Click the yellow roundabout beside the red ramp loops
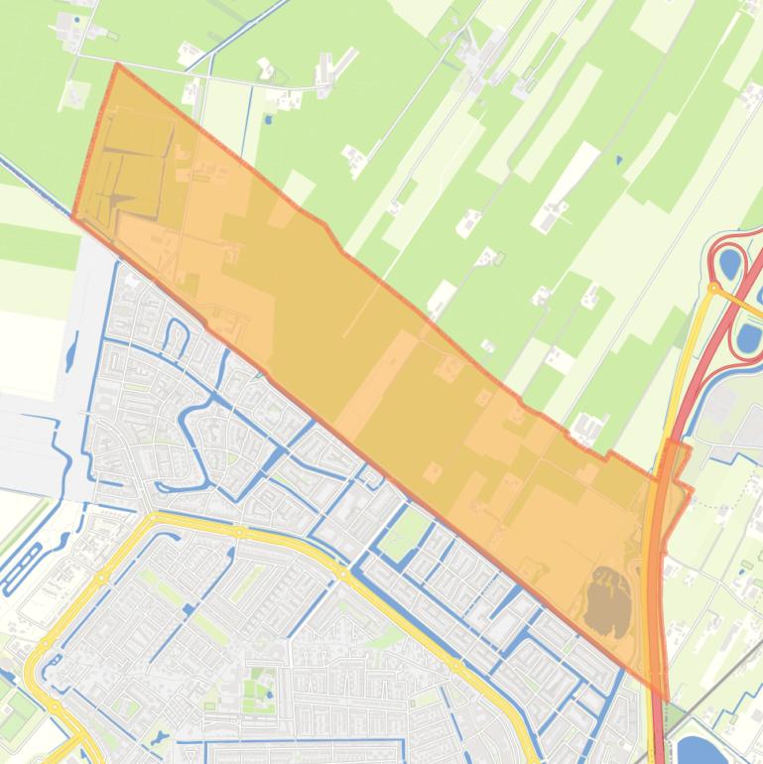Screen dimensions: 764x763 tap(713, 260)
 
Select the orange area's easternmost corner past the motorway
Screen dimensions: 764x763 tap(691, 490)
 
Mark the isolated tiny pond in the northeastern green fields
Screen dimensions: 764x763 tap(619, 159)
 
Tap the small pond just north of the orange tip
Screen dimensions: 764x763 tap(266, 121)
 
